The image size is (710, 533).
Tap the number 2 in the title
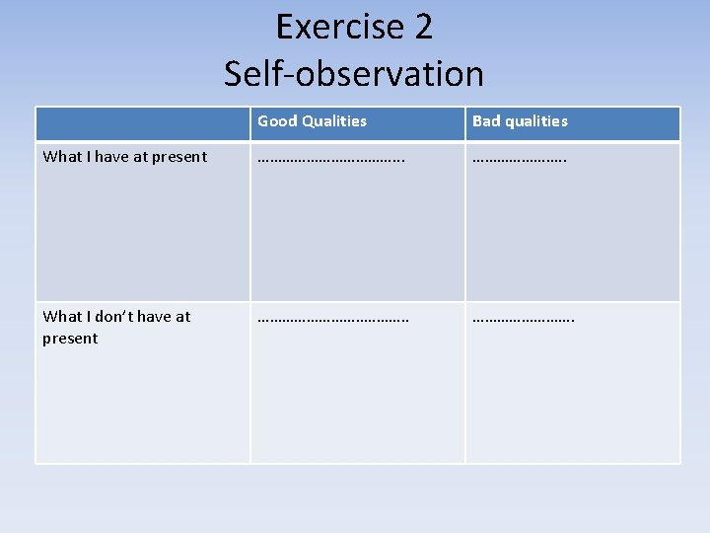(x=422, y=27)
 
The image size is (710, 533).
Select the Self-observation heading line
(x=354, y=73)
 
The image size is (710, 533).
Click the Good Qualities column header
(x=312, y=121)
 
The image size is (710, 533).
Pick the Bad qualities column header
(x=520, y=121)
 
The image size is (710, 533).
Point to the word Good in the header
(x=277, y=121)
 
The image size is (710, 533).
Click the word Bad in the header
(x=487, y=121)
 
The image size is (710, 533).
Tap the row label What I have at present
(x=125, y=156)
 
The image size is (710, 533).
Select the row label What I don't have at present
(x=116, y=327)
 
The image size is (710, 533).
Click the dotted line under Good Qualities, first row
(x=330, y=157)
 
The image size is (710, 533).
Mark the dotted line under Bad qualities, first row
(x=519, y=157)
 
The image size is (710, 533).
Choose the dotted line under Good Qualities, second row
(x=332, y=318)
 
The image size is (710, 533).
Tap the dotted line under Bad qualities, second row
(x=523, y=318)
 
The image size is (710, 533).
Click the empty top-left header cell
(x=142, y=123)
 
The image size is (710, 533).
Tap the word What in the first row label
(x=62, y=156)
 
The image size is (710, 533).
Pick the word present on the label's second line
(x=70, y=339)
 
